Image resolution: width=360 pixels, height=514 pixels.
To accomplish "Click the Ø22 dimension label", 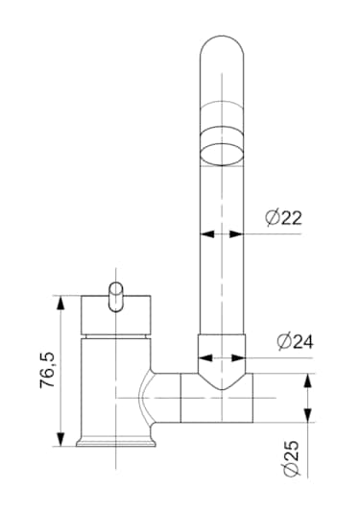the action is click(283, 217).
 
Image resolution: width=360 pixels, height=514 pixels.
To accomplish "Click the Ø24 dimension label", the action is click(295, 341).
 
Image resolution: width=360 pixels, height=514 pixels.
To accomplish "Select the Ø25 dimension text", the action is click(291, 458).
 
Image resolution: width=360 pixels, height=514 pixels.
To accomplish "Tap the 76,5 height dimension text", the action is click(48, 371).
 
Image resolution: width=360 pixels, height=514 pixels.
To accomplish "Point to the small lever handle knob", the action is click(116, 297).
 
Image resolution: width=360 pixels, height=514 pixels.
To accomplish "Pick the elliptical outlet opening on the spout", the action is click(222, 154).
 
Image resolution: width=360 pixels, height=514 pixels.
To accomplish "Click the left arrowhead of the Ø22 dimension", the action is click(207, 234).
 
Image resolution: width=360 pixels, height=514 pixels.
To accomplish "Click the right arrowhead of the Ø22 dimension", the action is click(236, 234).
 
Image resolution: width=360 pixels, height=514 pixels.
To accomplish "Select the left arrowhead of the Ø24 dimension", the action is click(205, 358).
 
